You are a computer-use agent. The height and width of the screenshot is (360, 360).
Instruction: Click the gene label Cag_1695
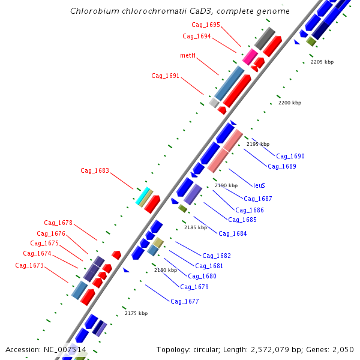[x=206, y=25]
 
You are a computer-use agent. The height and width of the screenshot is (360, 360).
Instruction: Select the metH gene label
[x=188, y=55]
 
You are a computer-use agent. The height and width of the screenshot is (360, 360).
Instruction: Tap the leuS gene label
[x=259, y=185]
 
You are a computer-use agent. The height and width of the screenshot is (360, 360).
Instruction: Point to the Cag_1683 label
[x=95, y=170]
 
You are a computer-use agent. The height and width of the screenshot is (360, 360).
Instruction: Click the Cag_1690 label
[x=290, y=156]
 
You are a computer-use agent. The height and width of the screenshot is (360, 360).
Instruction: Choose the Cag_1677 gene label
[x=185, y=301]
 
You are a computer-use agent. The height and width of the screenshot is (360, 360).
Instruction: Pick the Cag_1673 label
[x=29, y=265]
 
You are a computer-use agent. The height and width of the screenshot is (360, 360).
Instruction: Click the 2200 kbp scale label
[x=290, y=103]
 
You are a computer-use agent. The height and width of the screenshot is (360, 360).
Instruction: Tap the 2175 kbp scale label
[x=136, y=313]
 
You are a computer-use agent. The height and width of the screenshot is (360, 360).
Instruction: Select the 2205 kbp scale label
[x=322, y=62]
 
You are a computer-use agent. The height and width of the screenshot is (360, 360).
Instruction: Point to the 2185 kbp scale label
[x=196, y=227]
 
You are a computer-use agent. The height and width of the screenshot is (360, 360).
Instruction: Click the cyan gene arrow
[x=143, y=196]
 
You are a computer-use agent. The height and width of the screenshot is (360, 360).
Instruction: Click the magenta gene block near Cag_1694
[x=250, y=57]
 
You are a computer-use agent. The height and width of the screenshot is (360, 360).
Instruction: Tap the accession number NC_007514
[x=65, y=349]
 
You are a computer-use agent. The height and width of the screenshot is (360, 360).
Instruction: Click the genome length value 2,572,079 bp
[x=272, y=349]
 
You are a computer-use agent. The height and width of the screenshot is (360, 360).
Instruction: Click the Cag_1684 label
[x=232, y=233]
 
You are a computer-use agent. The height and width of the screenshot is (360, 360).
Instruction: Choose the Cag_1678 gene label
[x=58, y=223]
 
